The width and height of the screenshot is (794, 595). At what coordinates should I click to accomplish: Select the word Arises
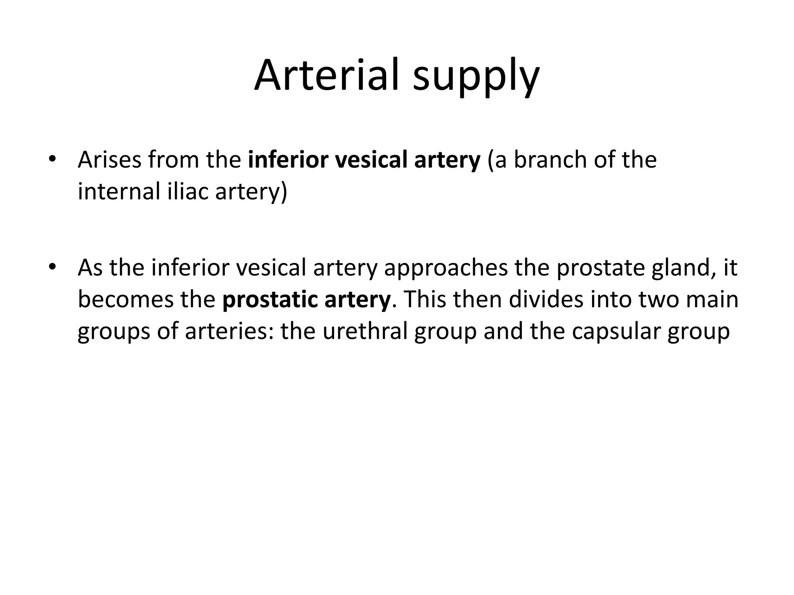tap(110, 160)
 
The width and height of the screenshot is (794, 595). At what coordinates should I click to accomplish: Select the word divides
tap(546, 299)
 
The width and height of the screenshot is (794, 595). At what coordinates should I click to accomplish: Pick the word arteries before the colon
tap(229, 331)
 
